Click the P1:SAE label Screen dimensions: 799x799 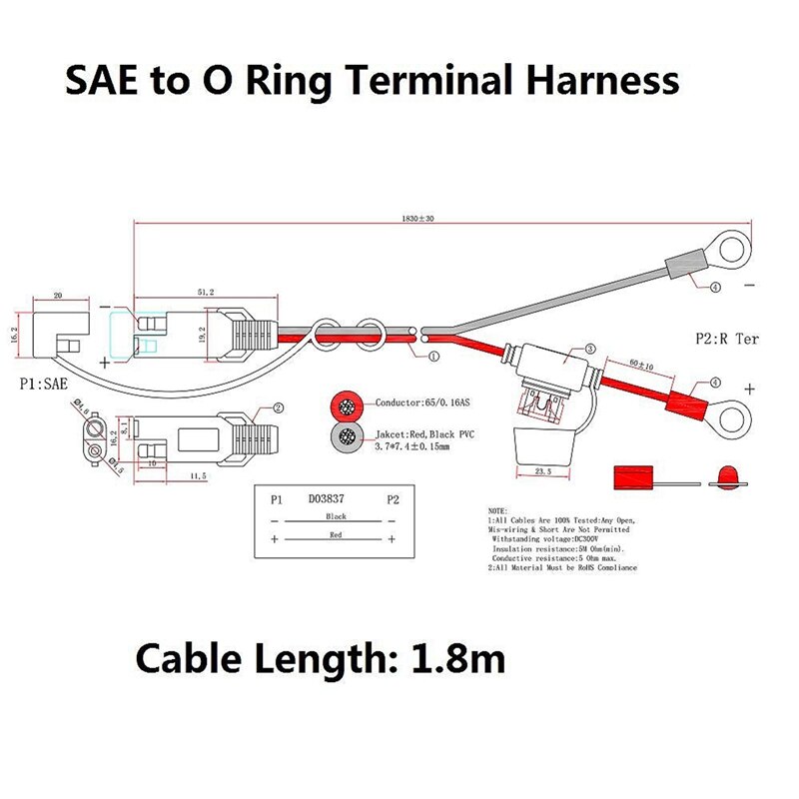coord(48,381)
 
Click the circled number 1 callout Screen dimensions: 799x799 coord(433,356)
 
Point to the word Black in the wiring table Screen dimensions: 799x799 coord(336,516)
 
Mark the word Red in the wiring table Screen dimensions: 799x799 coord(336,535)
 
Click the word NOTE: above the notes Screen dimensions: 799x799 coord(498,510)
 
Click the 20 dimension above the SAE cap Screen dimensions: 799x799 coord(57,296)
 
